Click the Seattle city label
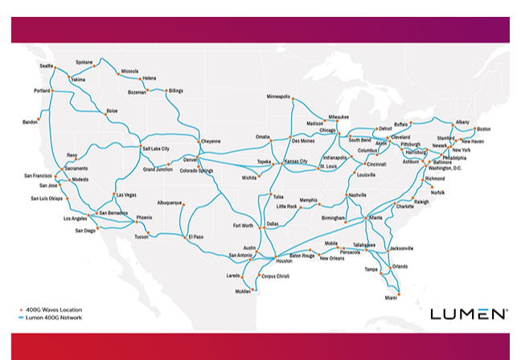46,66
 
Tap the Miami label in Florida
391,297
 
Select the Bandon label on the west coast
31,122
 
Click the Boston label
483,129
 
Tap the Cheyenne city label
210,141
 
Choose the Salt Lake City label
156,149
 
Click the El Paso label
197,237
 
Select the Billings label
175,91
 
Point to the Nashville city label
357,195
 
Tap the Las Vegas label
127,195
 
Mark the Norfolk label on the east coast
437,193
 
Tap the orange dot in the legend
19,309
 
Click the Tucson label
142,237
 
